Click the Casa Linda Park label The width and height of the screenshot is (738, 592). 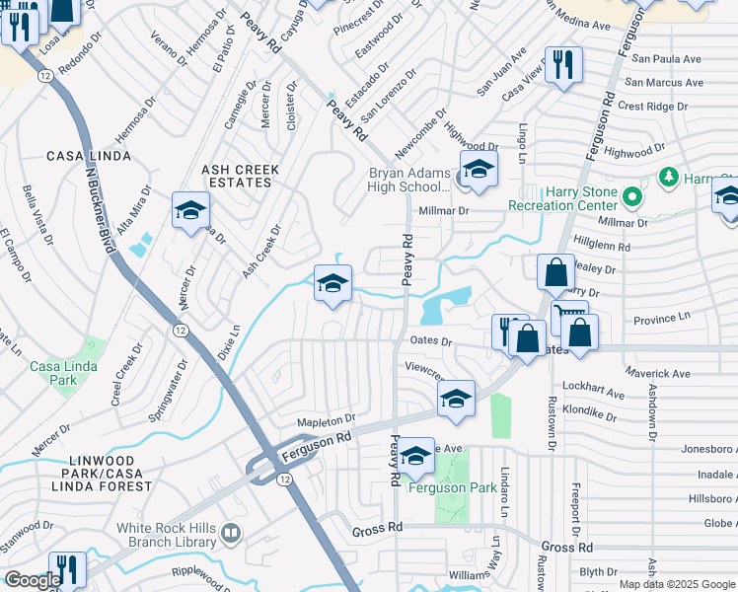tap(53, 373)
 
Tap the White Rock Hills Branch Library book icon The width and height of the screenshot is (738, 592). tap(231, 534)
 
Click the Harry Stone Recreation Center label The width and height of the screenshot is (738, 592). tap(562, 198)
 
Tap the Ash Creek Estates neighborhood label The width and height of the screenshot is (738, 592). tap(241, 176)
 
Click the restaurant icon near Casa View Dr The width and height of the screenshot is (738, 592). tap(563, 65)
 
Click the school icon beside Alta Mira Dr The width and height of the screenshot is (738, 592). tap(190, 210)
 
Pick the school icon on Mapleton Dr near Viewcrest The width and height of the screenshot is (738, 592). tap(456, 399)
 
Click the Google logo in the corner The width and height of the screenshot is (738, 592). tap(33, 580)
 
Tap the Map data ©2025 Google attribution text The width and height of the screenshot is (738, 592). tap(677, 584)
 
